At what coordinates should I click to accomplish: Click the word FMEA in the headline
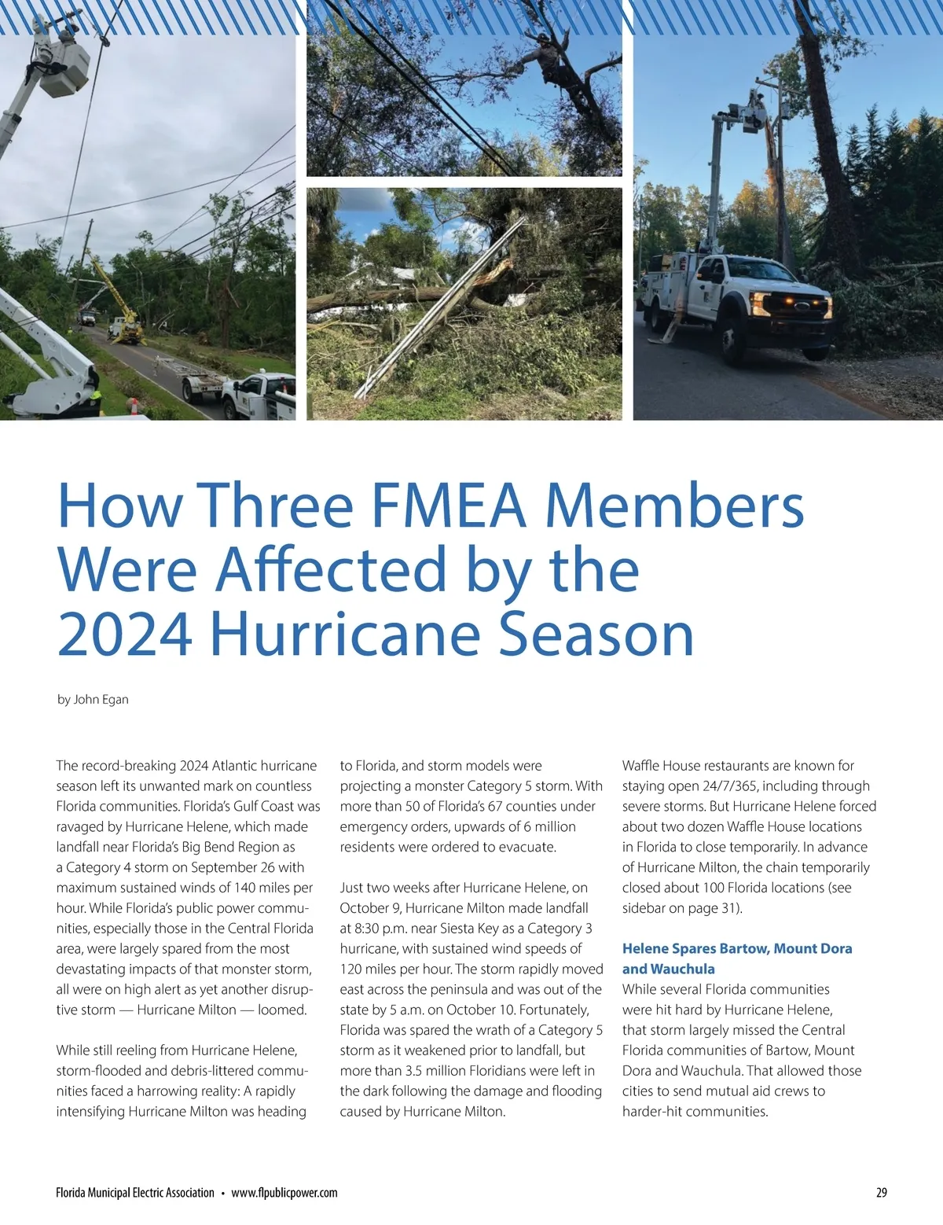tap(447, 506)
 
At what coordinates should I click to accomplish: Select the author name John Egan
tap(101, 699)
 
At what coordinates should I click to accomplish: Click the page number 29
tap(881, 1193)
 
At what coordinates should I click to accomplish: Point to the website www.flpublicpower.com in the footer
tap(284, 1193)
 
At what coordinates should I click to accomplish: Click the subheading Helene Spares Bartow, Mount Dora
tap(737, 948)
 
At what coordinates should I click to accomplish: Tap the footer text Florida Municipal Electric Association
tap(135, 1193)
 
